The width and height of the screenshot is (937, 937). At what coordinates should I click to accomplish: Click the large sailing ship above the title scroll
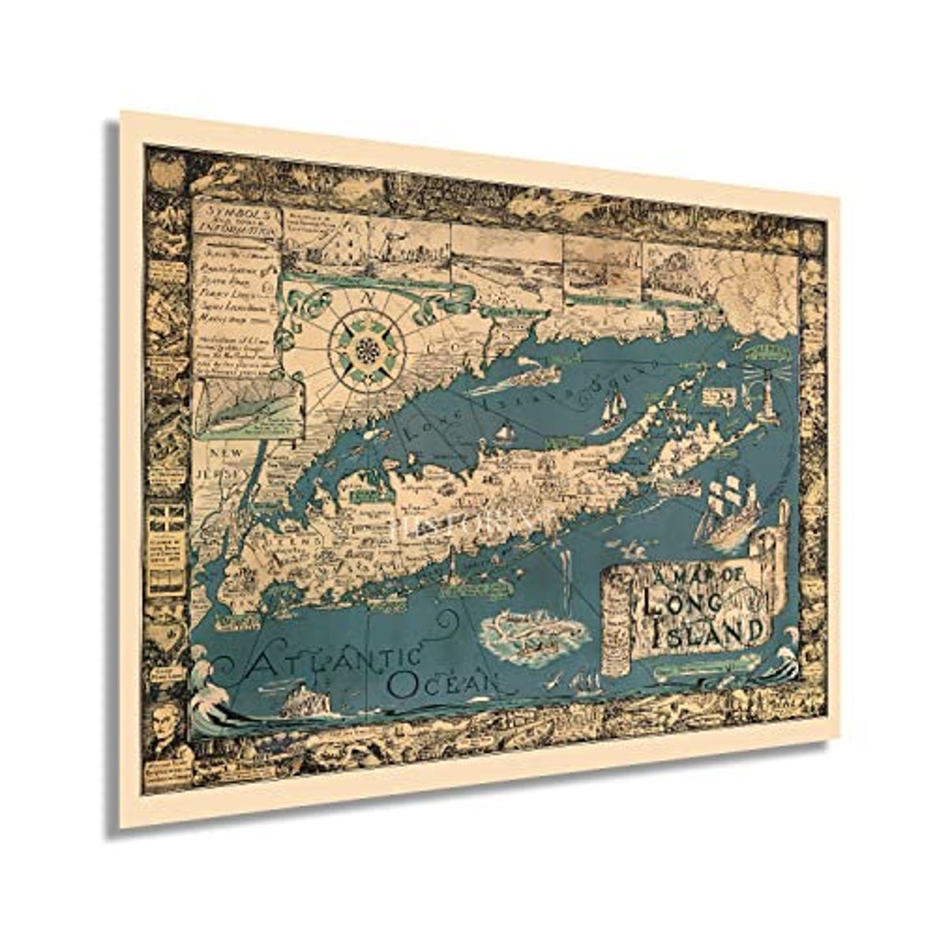click(x=723, y=510)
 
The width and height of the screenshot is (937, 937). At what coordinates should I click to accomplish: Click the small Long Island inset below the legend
click(x=245, y=406)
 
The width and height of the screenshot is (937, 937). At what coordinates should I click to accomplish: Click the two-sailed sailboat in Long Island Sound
click(x=612, y=410)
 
